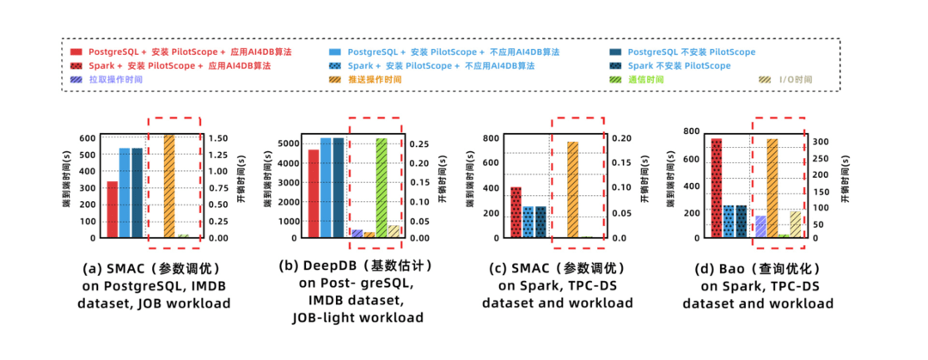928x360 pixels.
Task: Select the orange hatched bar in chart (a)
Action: (x=168, y=186)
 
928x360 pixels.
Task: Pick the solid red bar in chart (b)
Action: (x=313, y=193)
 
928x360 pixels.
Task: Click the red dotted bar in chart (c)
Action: (x=516, y=211)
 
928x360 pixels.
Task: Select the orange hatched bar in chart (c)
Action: (x=572, y=189)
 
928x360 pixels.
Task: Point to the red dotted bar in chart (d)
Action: (x=717, y=187)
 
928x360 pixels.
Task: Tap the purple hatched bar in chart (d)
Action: (x=760, y=226)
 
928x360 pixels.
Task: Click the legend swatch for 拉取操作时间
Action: (x=76, y=79)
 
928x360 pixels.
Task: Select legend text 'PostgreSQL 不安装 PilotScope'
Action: (x=690, y=52)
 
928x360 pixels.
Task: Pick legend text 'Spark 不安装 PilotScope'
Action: (x=679, y=65)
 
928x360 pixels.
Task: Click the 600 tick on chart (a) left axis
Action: (x=88, y=137)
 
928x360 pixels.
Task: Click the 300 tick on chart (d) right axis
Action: (x=821, y=142)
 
